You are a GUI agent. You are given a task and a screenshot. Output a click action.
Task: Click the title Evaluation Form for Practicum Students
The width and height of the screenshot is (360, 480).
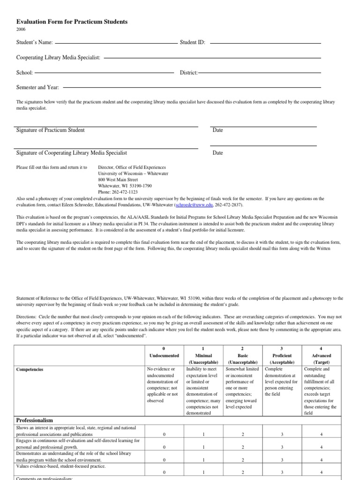click(72, 22)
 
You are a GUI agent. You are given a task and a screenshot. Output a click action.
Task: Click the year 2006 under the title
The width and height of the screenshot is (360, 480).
click(21, 30)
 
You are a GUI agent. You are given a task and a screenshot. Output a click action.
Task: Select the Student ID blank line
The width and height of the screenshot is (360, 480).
click(265, 44)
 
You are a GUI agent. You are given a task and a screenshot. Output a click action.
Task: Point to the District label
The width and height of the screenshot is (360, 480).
click(189, 73)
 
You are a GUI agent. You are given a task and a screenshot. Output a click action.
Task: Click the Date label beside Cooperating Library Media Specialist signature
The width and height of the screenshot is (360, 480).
click(217, 153)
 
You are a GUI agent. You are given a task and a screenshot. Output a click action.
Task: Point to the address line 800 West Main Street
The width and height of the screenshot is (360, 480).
click(118, 180)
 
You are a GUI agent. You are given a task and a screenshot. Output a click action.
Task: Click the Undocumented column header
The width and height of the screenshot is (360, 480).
click(164, 355)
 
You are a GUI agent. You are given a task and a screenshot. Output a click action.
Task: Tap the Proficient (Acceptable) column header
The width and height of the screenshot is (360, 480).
click(282, 359)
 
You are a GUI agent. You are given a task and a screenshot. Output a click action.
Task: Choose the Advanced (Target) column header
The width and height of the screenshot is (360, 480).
click(321, 359)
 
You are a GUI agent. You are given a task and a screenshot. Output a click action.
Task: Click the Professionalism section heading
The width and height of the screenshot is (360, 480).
click(35, 420)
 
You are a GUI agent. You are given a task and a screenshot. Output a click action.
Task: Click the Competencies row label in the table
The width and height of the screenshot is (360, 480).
click(30, 369)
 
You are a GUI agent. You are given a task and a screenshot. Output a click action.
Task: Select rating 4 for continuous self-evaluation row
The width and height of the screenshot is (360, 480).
click(321, 448)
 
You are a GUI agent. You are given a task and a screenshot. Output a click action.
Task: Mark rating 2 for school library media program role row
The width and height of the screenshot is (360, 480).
click(243, 460)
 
